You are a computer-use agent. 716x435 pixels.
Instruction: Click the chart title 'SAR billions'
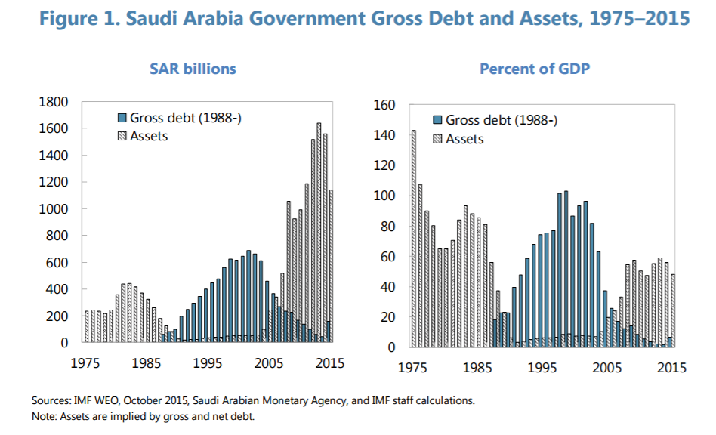[x=193, y=69]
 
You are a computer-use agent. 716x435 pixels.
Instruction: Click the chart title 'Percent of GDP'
[x=535, y=69]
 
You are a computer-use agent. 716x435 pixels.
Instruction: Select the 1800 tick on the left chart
[x=53, y=102]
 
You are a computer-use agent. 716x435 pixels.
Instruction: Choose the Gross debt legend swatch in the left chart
[x=122, y=119]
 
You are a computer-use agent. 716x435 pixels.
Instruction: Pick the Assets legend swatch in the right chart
[x=437, y=139]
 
